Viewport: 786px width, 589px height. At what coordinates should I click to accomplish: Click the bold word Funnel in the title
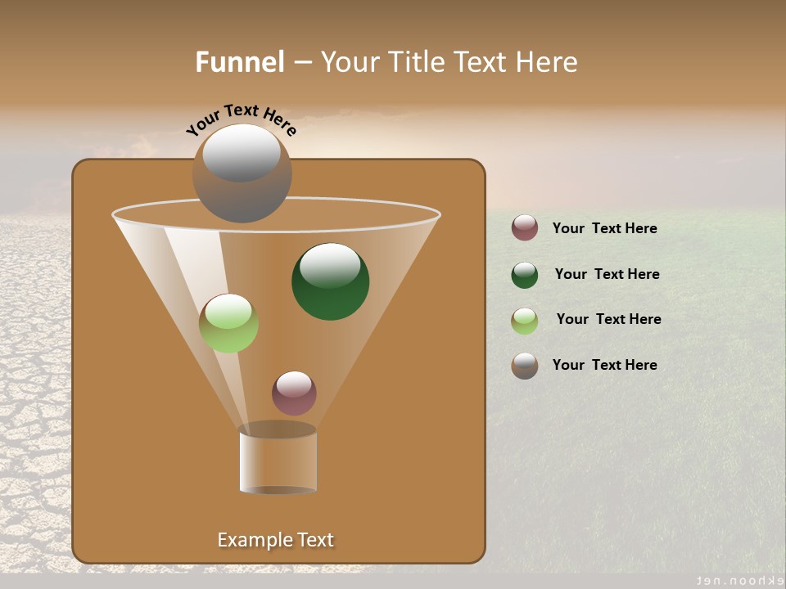point(240,62)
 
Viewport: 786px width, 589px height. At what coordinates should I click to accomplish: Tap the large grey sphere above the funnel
point(242,173)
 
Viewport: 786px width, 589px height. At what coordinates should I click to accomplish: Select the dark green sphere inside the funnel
point(330,282)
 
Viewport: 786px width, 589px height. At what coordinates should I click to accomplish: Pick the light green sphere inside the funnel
point(228,323)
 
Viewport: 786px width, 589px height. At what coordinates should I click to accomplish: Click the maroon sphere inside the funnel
point(294,393)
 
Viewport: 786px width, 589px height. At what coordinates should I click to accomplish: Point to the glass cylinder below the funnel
point(278,460)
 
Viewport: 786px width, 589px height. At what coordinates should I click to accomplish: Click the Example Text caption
point(275,540)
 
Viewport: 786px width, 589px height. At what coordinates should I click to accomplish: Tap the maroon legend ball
point(525,228)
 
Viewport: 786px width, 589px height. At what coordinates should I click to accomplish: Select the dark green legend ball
point(525,275)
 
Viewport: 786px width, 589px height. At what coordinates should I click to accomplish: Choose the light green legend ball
point(525,321)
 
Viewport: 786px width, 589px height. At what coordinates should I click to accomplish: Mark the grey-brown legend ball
point(525,366)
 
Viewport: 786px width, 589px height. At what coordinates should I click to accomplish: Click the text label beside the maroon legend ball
point(604,228)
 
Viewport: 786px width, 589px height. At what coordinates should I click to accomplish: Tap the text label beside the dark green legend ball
point(607,274)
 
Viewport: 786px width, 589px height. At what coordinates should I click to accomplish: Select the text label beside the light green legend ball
point(608,319)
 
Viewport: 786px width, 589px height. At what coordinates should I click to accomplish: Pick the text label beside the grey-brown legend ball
point(604,365)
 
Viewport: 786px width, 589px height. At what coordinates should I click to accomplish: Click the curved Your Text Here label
point(241,118)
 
